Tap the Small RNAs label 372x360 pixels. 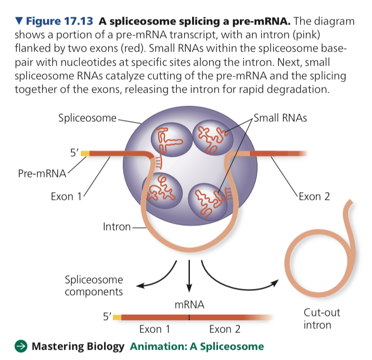click(x=280, y=118)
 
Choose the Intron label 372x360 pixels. click(x=117, y=227)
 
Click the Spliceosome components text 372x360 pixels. click(x=94, y=285)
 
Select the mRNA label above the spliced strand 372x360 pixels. click(x=189, y=304)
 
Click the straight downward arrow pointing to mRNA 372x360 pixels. click(x=189, y=273)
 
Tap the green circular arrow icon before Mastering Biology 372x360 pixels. click(x=20, y=346)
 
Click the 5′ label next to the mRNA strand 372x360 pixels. click(x=108, y=315)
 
